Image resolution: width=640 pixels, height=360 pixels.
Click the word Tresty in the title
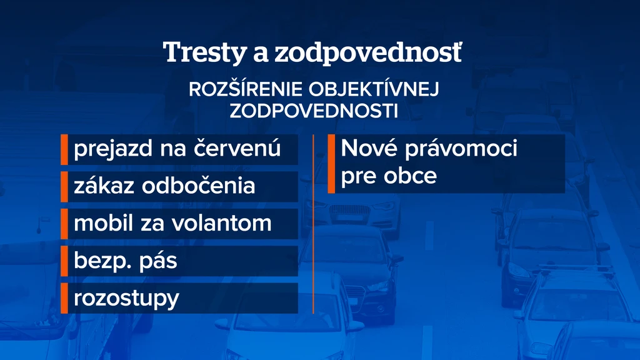205,53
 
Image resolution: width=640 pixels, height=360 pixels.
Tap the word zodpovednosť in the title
368,52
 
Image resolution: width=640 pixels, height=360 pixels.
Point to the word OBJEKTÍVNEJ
374,89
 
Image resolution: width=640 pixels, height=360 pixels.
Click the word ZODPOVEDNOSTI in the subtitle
314,111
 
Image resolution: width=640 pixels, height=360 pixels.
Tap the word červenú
237,147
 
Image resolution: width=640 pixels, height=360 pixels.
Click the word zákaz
104,186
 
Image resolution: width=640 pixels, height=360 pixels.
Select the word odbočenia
198,186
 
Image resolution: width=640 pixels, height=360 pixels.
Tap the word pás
158,261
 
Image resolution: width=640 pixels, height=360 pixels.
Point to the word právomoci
461,149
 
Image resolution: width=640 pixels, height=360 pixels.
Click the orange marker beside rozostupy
64,298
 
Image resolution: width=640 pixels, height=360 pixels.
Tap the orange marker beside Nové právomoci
331,164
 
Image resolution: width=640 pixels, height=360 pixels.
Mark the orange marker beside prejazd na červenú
64,149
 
